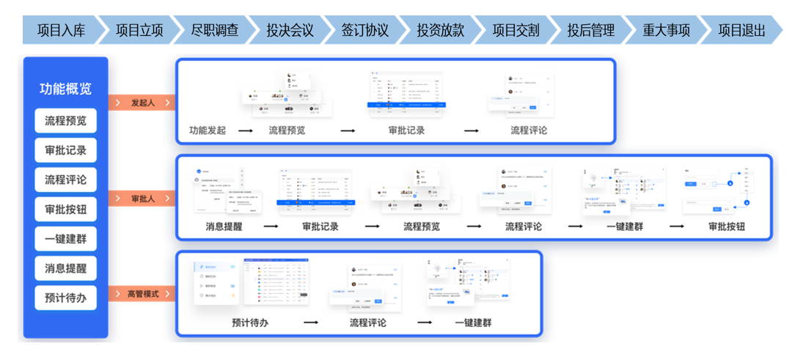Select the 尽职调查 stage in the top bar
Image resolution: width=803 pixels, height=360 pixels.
pos(214,31)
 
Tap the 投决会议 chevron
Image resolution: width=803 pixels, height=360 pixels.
pos(290,31)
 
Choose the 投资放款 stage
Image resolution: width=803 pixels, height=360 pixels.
pos(440,31)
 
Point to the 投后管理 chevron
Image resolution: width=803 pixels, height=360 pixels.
pos(590,31)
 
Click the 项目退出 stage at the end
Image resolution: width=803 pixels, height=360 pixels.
pos(741,31)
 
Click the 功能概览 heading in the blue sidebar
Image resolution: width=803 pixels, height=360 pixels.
pos(65,89)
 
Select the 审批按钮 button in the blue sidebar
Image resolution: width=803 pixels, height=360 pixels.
pos(65,210)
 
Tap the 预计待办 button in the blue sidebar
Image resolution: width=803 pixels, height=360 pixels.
pos(65,298)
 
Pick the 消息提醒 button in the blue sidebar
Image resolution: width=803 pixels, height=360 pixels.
pos(65,268)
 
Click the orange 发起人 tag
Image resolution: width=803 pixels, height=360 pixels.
pos(142,102)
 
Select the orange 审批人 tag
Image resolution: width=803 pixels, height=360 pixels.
pos(142,199)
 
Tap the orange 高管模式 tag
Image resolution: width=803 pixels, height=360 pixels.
pos(142,295)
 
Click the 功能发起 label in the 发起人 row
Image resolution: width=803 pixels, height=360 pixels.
pos(208,131)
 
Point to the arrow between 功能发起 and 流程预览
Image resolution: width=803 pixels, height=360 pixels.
pos(246,131)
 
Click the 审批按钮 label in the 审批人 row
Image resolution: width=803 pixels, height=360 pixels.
pos(727,227)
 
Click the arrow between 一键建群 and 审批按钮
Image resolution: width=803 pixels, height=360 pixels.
pos(677,227)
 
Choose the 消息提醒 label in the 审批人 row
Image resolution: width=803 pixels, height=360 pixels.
pos(224,227)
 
